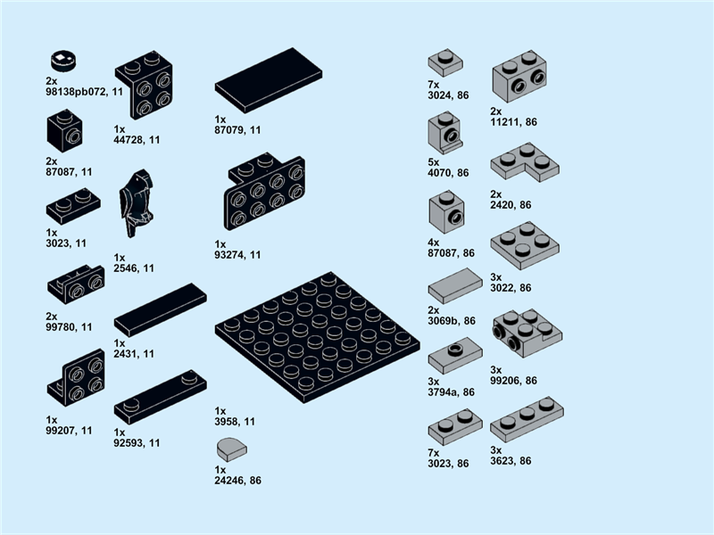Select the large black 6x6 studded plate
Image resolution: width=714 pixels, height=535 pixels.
[318, 336]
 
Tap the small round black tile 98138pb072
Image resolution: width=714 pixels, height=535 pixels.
[62, 60]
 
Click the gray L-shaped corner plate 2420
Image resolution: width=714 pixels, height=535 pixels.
[524, 164]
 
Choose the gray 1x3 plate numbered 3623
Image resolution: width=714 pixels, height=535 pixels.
[526, 420]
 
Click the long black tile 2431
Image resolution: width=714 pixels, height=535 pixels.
[160, 309]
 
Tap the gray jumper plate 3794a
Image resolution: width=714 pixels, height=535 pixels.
[454, 357]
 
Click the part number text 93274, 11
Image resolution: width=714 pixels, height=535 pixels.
[237, 255]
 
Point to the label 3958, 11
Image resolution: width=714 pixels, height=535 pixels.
[235, 421]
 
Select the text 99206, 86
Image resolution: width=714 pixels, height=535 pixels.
[513, 381]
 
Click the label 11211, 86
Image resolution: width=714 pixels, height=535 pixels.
[513, 122]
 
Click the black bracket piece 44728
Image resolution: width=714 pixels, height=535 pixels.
[145, 86]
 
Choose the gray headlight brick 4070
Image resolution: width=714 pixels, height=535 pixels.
[444, 132]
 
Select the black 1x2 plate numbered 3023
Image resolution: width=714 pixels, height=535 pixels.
[73, 209]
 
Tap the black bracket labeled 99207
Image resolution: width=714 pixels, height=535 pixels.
[76, 381]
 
